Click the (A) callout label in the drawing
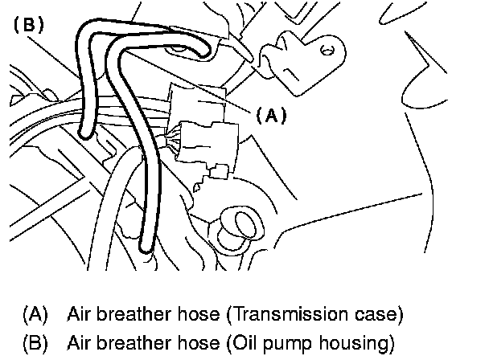coord(271,115)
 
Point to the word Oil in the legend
coord(256,344)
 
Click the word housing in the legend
coord(359,344)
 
